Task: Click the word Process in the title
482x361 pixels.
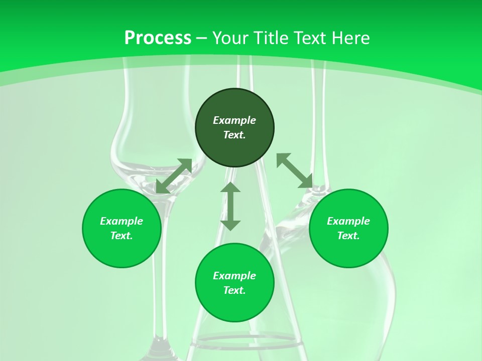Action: [158, 38]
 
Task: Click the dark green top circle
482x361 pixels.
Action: [234, 105]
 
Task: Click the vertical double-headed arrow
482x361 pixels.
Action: [230, 206]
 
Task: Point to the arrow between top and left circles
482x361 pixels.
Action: [174, 176]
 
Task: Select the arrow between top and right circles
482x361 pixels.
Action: [295, 170]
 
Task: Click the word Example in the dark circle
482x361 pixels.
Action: [234, 120]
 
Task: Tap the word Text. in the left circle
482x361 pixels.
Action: [122, 236]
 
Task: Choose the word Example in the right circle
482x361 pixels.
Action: [348, 221]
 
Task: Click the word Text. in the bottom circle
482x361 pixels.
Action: [234, 290]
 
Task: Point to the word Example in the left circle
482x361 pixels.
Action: [122, 221]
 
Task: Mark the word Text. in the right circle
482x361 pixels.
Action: [348, 236]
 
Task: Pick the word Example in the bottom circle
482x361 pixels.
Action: [234, 276]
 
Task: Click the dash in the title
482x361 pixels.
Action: [202, 38]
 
